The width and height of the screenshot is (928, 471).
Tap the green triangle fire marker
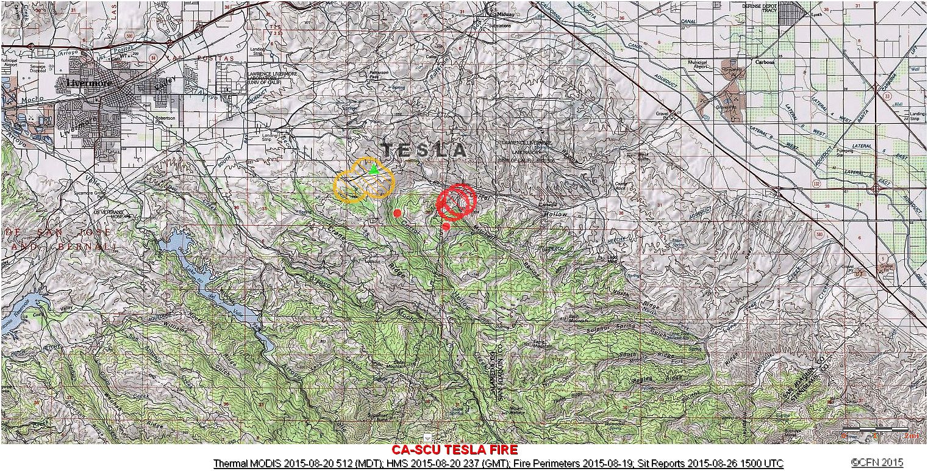(x=374, y=169)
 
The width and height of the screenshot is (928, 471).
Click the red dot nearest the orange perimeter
(x=398, y=213)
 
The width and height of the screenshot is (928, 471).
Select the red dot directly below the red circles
(x=446, y=226)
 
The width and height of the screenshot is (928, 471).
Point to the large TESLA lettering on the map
(x=424, y=149)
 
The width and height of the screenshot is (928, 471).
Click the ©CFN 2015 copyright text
(x=877, y=462)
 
